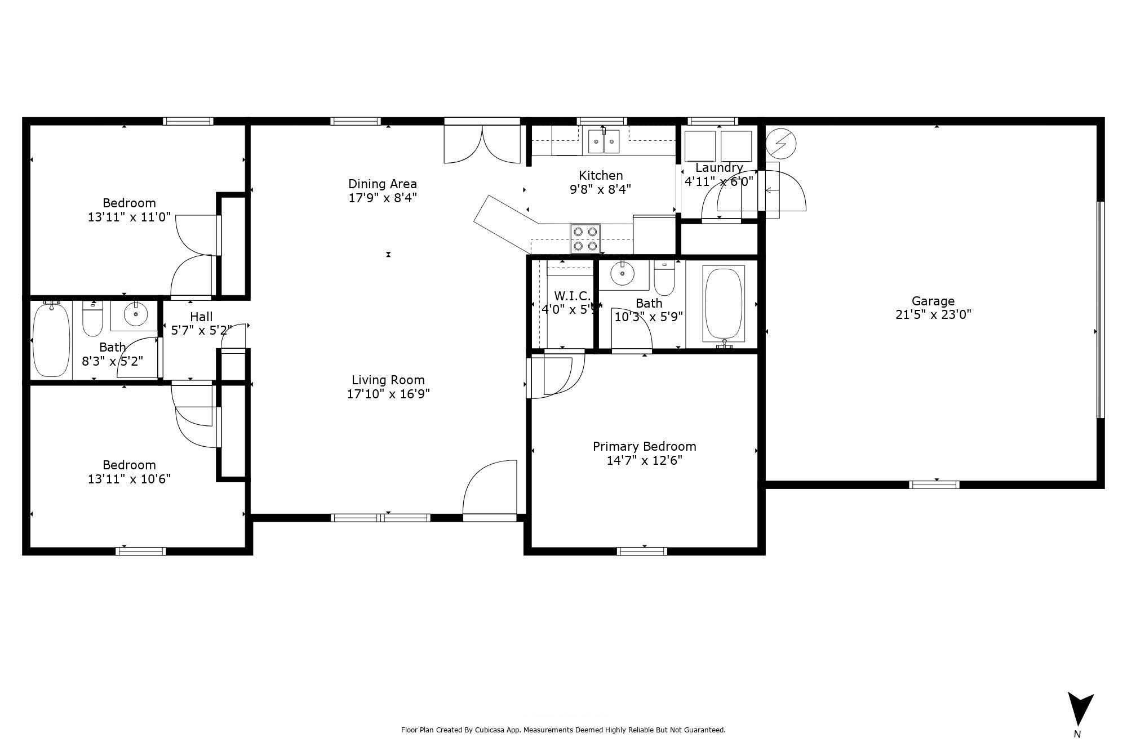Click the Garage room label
point(933,301)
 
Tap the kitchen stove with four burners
point(585,239)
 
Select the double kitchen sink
point(604,141)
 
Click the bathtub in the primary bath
point(724,304)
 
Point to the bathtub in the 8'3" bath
point(51,340)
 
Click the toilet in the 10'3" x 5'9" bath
point(664,280)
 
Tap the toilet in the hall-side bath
point(92,319)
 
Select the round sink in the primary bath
point(622,274)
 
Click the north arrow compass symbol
point(1080,711)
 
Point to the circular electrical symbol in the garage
point(781,144)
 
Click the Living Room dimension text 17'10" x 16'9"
point(388,394)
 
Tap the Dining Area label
point(383,184)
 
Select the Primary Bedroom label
point(644,446)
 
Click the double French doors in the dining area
point(482,144)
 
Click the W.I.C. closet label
point(573,296)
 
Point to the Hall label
point(201,317)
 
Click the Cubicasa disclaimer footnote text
point(563,730)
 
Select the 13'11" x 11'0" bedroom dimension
point(129,217)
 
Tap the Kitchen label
point(601,175)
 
